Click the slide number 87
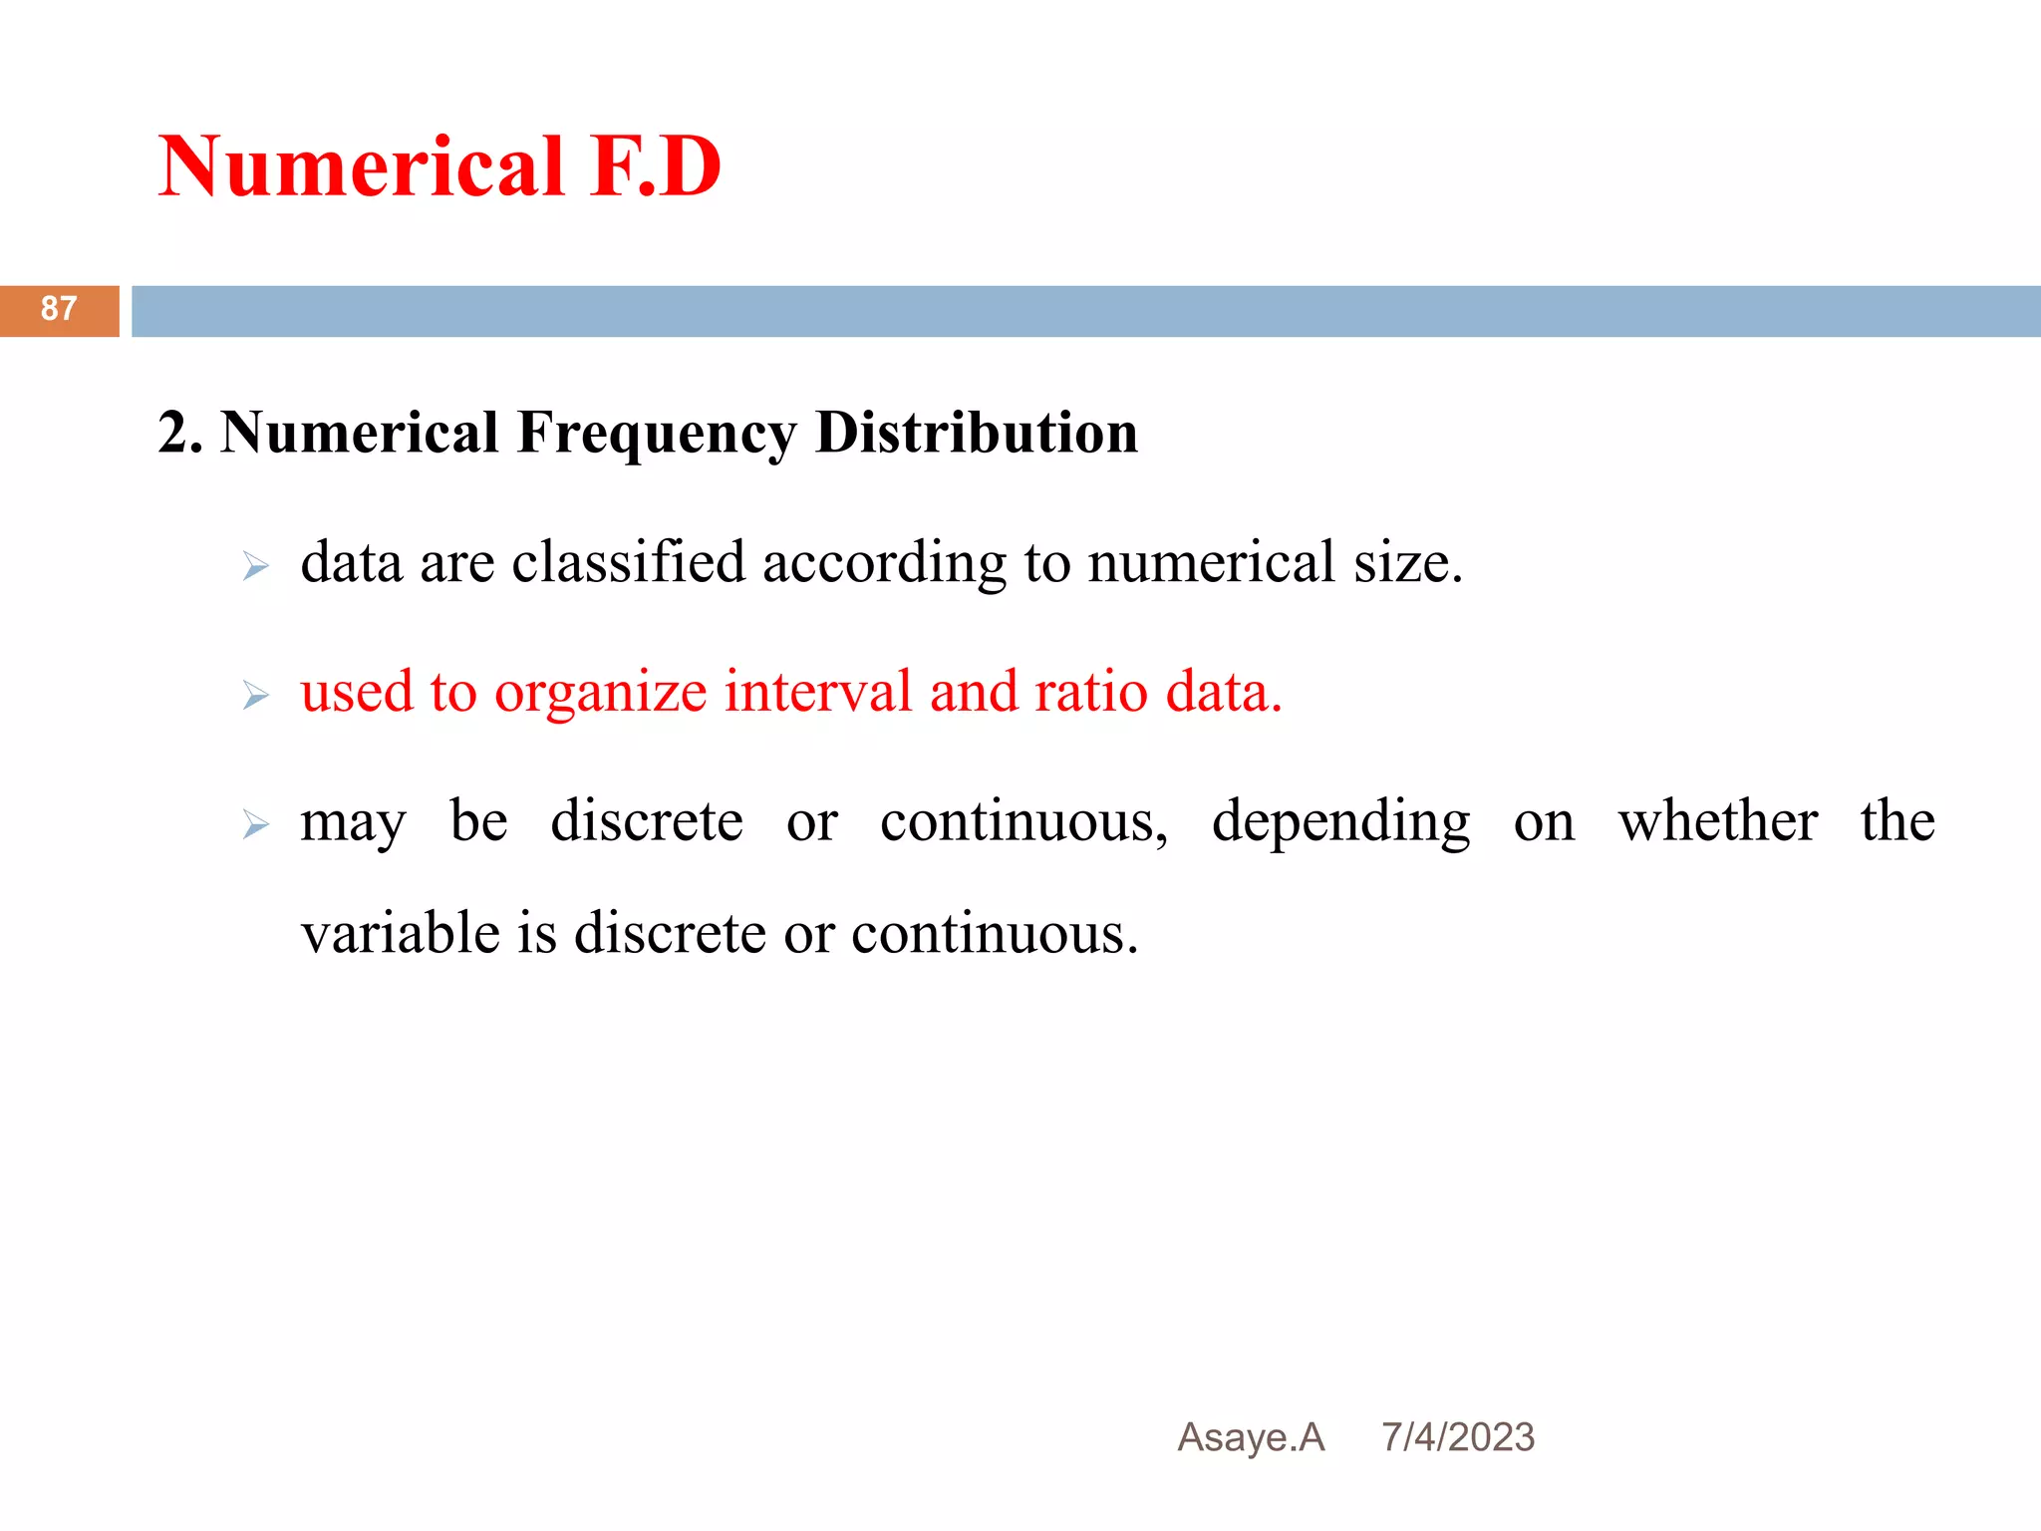(59, 309)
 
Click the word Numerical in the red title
(362, 166)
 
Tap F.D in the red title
(655, 166)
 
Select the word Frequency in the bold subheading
(657, 433)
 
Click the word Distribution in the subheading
(976, 433)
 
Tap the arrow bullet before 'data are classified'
(256, 567)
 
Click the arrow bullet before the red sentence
(256, 696)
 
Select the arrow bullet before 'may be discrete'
(256, 825)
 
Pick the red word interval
(817, 692)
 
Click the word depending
(1340, 823)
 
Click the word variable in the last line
(401, 934)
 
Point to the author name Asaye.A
(1251, 1437)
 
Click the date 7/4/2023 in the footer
(1458, 1437)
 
